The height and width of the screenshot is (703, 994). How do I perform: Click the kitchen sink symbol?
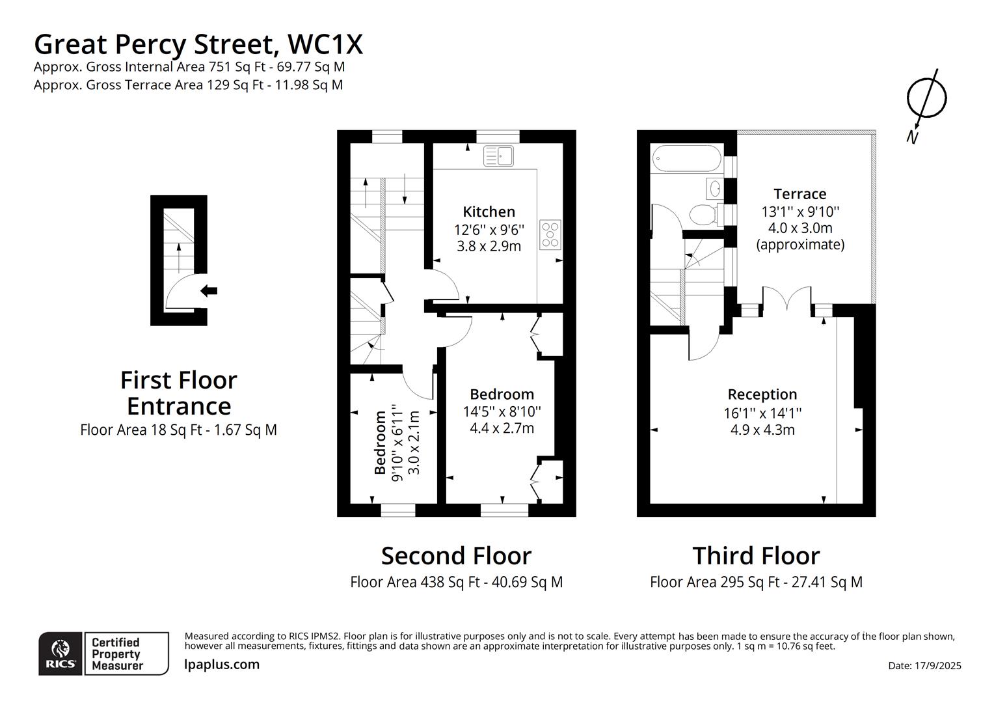[x=498, y=156]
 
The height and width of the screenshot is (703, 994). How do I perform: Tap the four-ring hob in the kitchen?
[x=550, y=235]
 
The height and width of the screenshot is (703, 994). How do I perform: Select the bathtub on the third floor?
[x=686, y=158]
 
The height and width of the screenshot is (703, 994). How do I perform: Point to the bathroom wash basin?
[x=714, y=189]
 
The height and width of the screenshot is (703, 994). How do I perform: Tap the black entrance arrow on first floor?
[x=209, y=291]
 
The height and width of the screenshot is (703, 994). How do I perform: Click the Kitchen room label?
[x=489, y=212]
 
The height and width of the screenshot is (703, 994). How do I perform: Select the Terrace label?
[x=799, y=194]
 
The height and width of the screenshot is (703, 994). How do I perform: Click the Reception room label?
[x=762, y=394]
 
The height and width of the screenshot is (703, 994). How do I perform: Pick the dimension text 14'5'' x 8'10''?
[x=502, y=411]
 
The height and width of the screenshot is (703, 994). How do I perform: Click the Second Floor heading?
[x=456, y=556]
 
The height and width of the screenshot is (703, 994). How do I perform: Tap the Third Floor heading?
[x=756, y=556]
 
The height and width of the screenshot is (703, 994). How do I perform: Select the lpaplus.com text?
[x=222, y=665]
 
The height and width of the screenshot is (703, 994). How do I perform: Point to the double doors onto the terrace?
[x=786, y=300]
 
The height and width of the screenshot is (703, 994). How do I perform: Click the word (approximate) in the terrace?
[x=799, y=245]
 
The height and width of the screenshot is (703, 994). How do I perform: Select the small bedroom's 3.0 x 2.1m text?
[x=414, y=443]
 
